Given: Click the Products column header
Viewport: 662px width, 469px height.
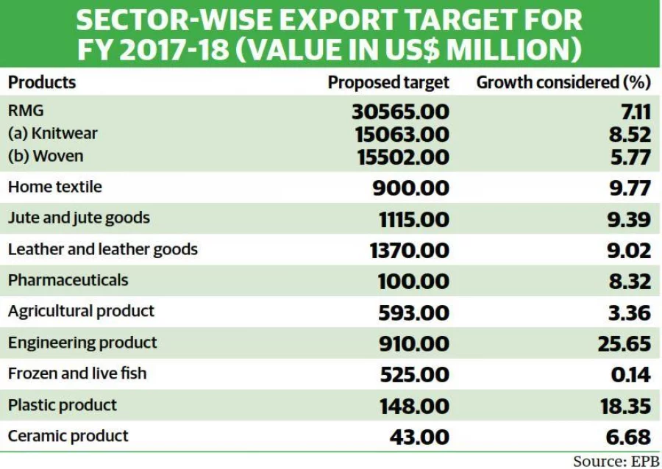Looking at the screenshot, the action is [42, 82].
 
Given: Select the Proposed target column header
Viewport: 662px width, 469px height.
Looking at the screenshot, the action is [388, 83].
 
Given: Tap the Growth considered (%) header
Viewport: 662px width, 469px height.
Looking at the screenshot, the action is [563, 82].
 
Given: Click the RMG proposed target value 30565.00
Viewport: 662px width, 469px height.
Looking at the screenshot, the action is [400, 112].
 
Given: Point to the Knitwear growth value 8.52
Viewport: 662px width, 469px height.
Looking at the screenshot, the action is [630, 135].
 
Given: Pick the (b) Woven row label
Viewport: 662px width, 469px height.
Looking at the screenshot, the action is [46, 156].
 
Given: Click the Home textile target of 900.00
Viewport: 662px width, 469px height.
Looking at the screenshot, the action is [410, 187].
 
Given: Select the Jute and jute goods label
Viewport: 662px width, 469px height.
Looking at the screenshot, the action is [79, 218].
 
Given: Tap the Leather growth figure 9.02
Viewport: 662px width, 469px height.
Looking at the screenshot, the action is [629, 251].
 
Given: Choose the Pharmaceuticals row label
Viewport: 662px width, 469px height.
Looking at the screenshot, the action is [68, 280].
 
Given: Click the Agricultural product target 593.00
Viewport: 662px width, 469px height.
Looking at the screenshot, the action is [413, 313].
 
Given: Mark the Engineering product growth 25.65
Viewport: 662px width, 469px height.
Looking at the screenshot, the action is [624, 344].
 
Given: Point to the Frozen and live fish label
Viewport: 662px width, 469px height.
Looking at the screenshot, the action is [77, 373].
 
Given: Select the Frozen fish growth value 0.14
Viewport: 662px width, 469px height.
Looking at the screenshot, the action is [630, 374].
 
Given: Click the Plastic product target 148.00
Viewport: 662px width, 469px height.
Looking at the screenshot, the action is [414, 407].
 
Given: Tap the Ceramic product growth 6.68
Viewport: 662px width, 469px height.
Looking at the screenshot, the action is [628, 437].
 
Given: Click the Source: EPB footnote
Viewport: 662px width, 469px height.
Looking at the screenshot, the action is [616, 461].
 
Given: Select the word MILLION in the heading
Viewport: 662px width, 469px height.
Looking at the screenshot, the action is [508, 50].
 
